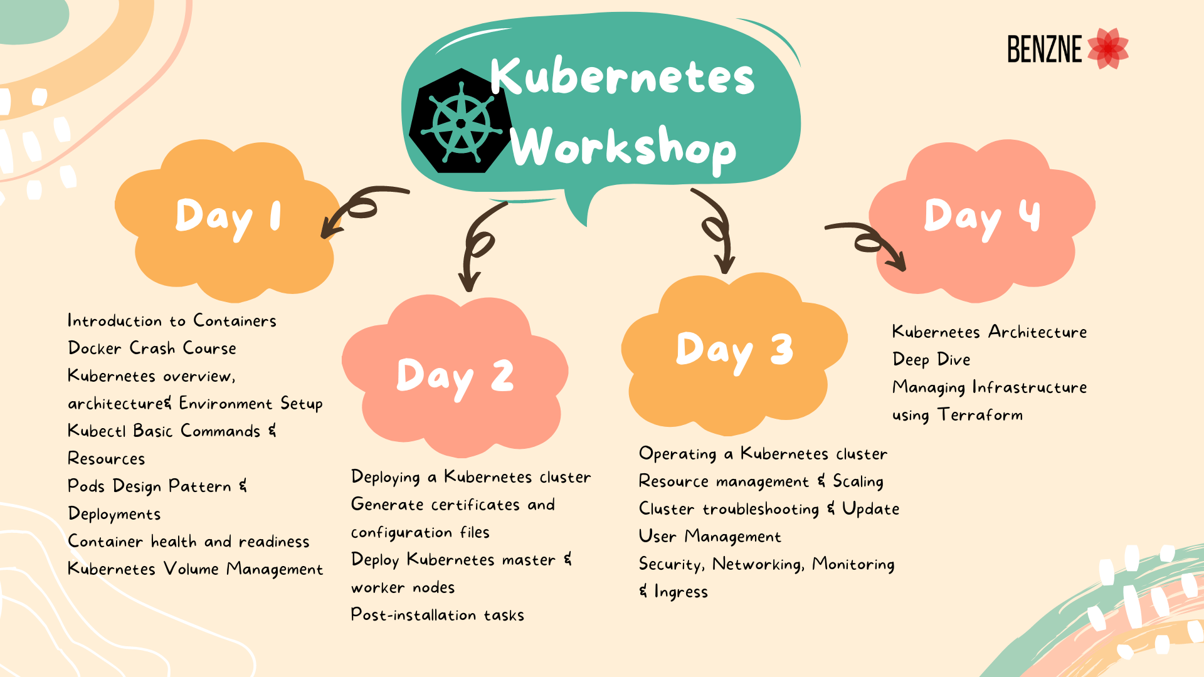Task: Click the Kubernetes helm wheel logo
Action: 461,121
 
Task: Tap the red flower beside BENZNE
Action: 1108,48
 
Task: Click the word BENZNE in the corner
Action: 1045,49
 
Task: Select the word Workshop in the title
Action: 623,148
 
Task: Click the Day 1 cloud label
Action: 228,217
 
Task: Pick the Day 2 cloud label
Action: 455,377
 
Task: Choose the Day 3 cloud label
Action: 734,350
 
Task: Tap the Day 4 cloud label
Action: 982,217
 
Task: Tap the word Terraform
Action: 980,415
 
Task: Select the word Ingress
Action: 681,592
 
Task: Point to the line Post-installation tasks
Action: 437,615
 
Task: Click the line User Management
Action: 710,537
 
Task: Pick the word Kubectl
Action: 97,431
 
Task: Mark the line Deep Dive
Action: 931,360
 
